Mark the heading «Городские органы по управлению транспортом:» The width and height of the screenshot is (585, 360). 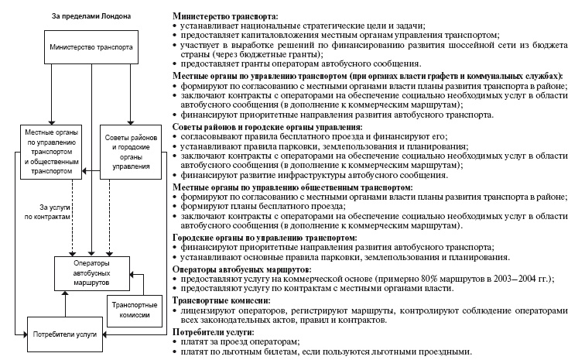click(x=264, y=237)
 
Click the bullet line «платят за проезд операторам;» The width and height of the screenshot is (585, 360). click(x=244, y=341)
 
